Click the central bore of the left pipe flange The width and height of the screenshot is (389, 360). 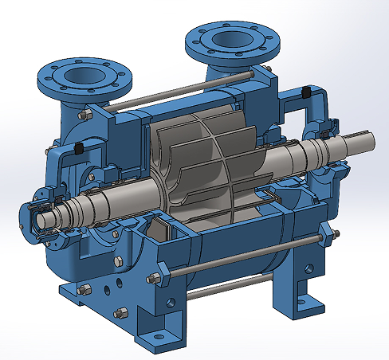81,75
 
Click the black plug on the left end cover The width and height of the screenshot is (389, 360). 80,149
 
